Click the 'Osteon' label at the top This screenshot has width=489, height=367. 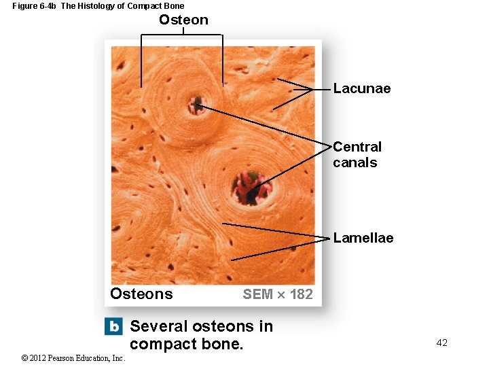point(183,20)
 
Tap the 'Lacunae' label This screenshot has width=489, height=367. point(361,88)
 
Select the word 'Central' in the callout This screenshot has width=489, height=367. point(357,147)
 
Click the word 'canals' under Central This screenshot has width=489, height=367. point(355,162)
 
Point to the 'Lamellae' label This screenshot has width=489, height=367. point(363,238)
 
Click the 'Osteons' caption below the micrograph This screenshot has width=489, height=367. point(141,294)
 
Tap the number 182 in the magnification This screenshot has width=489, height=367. point(301,294)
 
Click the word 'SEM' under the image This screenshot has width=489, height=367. point(257,294)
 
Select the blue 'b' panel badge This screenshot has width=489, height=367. point(113,326)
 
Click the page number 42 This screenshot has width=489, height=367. point(441,343)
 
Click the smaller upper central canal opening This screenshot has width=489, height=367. point(197,105)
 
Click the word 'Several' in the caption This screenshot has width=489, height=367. point(158,326)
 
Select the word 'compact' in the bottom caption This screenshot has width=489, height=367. point(160,344)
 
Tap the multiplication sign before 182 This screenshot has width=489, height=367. point(281,294)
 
